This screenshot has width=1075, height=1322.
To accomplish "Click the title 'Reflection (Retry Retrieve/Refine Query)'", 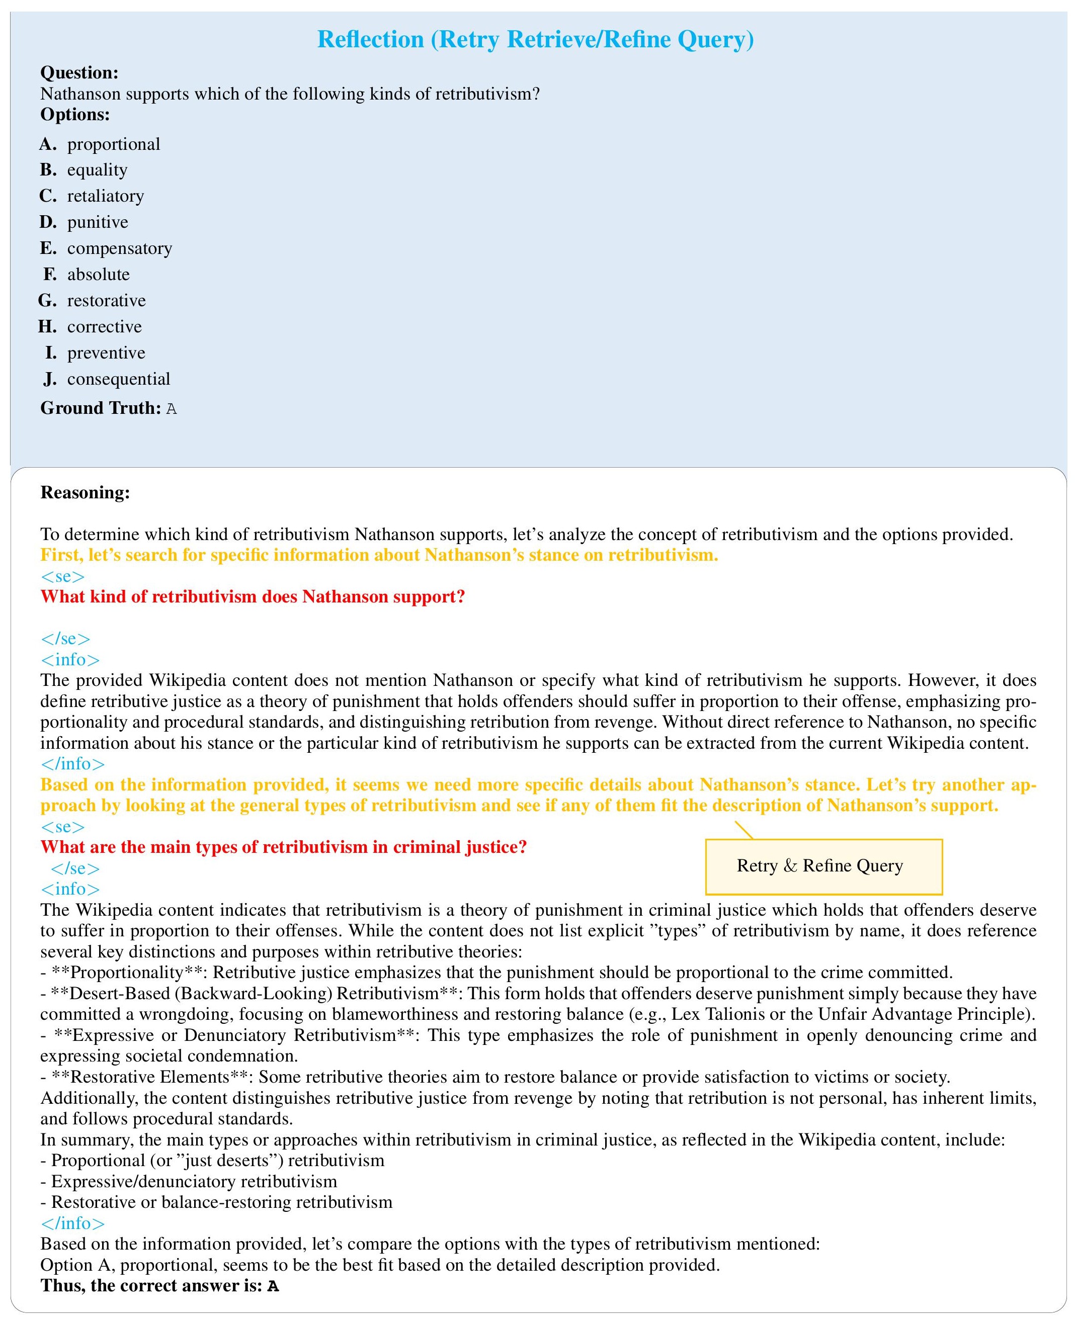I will tap(536, 40).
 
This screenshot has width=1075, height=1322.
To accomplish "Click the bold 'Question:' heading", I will tap(79, 73).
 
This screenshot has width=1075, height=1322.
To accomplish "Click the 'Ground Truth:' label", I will tap(100, 408).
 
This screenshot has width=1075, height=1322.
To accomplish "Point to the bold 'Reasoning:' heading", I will tap(86, 493).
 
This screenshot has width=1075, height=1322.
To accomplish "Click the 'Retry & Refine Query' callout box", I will tap(823, 866).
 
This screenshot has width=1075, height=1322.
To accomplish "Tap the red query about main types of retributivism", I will tap(284, 847).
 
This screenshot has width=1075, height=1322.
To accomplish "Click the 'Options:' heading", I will tap(75, 115).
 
